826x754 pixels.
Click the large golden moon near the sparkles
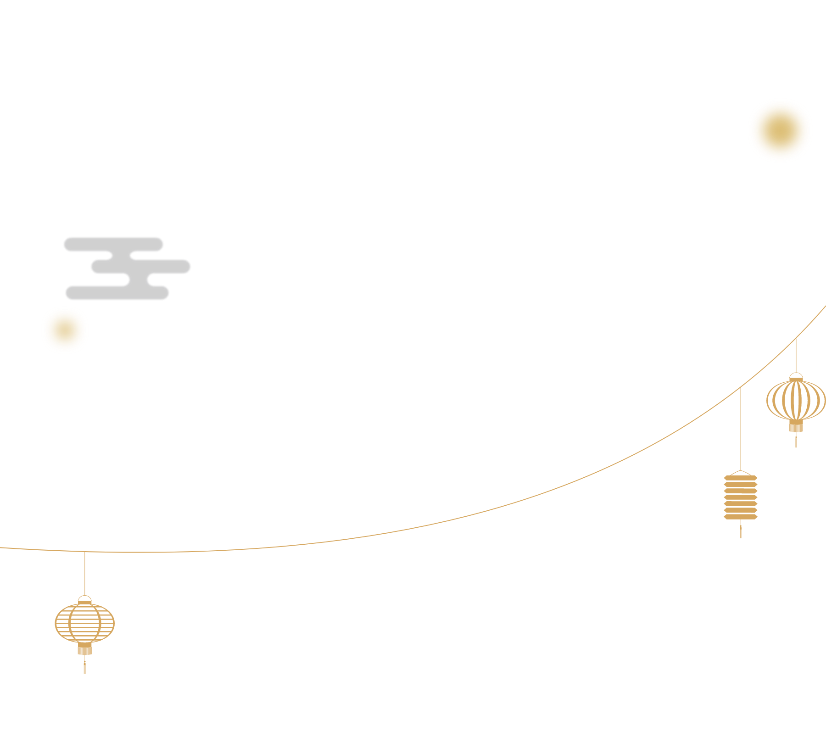[x=780, y=130]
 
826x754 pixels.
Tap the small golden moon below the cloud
[x=65, y=330]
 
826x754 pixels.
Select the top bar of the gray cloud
[x=113, y=244]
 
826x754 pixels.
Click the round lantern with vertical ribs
[x=796, y=400]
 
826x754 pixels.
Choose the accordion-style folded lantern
[x=740, y=497]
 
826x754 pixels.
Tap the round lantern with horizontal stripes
[x=84, y=623]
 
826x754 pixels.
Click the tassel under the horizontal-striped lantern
[x=84, y=666]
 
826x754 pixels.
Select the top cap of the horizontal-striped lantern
[x=84, y=599]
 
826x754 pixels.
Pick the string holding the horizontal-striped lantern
[x=84, y=574]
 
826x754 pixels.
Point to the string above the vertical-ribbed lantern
[x=796, y=356]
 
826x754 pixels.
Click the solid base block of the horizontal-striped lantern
[x=84, y=648]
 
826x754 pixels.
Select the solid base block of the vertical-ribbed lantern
[x=796, y=426]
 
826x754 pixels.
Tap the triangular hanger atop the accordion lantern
[x=740, y=473]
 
